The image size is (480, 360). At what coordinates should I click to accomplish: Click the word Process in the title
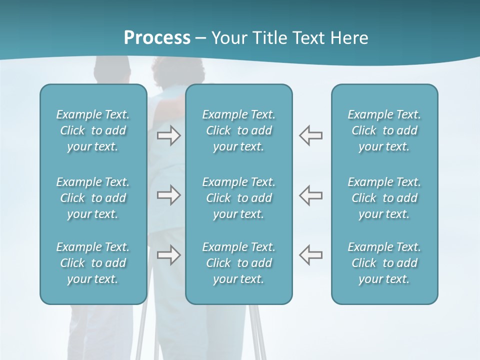pos(157,38)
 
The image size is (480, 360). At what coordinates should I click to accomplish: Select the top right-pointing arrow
pos(169,135)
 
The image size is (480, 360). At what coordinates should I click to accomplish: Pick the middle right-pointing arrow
pos(169,195)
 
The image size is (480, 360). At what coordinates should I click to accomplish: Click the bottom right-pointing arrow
pos(169,255)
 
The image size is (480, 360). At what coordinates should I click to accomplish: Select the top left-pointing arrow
pos(310,135)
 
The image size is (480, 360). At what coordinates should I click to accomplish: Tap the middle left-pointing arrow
pos(310,195)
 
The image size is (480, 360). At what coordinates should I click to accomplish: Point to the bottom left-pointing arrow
pos(310,255)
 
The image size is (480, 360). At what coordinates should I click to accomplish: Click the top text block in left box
pos(93,130)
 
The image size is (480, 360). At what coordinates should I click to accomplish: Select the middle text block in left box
pos(93,198)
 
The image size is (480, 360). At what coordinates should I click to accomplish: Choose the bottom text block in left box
pos(93,263)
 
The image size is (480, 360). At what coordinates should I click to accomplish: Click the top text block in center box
pos(238,130)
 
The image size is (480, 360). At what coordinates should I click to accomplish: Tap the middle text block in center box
pos(238,198)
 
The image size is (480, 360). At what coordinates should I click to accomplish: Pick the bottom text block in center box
pos(238,263)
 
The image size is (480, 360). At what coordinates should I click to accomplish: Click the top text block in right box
pos(384,130)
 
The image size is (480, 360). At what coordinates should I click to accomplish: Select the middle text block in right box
pos(384,198)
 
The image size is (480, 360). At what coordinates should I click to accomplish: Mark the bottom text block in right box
pos(384,263)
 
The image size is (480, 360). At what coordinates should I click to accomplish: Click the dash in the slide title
pos(201,38)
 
